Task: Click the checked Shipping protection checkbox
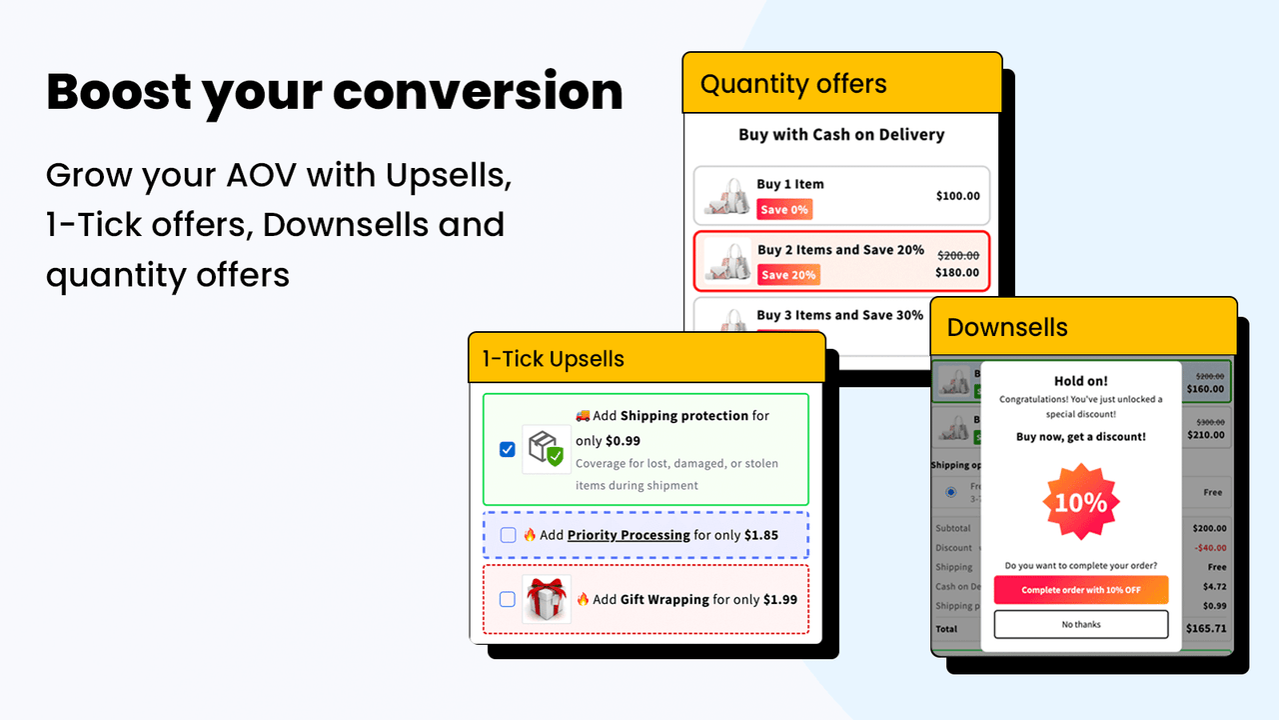pyautogui.click(x=508, y=449)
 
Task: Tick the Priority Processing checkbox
pyautogui.click(x=508, y=535)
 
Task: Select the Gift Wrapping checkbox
pyautogui.click(x=508, y=599)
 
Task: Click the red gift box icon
pyautogui.click(x=547, y=599)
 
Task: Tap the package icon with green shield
pyautogui.click(x=547, y=449)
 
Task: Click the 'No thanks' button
pyautogui.click(x=1080, y=624)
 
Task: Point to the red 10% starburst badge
pyautogui.click(x=1081, y=502)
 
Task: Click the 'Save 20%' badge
pyautogui.click(x=788, y=275)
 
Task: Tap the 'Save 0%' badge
pyautogui.click(x=784, y=210)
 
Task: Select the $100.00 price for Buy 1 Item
pyautogui.click(x=957, y=196)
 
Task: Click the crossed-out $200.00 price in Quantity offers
pyautogui.click(x=957, y=256)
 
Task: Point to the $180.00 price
pyautogui.click(x=957, y=273)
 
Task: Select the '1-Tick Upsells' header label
pyautogui.click(x=553, y=359)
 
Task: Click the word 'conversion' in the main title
pyautogui.click(x=478, y=92)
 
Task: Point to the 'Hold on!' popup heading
pyautogui.click(x=1081, y=381)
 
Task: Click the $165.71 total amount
pyautogui.click(x=1206, y=629)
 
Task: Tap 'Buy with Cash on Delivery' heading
pyautogui.click(x=841, y=135)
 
